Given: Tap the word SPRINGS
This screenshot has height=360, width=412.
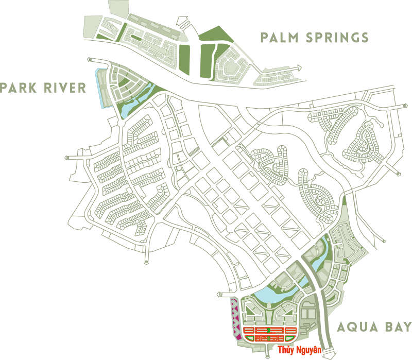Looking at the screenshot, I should [x=339, y=38].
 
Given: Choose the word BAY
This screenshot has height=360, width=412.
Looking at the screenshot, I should [x=399, y=327].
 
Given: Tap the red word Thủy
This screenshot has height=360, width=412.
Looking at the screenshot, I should [x=287, y=350].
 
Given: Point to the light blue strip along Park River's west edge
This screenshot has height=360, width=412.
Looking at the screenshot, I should [x=99, y=88].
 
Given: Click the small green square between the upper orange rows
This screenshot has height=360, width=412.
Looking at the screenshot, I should [x=269, y=329].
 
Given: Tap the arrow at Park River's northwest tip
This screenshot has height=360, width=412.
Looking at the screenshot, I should [x=91, y=60].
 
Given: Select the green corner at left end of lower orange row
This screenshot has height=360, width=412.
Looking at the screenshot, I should [x=246, y=338].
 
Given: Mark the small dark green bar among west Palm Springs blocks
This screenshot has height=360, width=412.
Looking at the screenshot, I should [x=135, y=38].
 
